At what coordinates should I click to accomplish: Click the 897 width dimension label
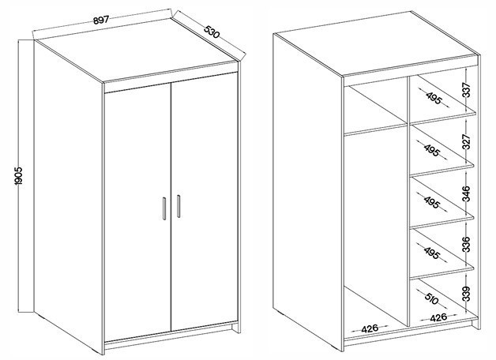(x=101, y=20)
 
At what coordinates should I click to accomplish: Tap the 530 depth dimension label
(x=212, y=32)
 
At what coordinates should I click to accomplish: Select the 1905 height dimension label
(x=19, y=176)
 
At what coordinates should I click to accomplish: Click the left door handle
(x=164, y=208)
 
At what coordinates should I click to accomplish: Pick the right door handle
(x=178, y=206)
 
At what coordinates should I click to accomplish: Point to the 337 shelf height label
(x=467, y=90)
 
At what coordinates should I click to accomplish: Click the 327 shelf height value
(x=467, y=141)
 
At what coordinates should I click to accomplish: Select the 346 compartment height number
(x=467, y=193)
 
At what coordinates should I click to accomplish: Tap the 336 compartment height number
(x=467, y=244)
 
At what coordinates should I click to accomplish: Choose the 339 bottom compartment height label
(x=467, y=294)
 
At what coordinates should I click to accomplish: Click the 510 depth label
(x=432, y=298)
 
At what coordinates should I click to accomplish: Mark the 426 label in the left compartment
(x=370, y=328)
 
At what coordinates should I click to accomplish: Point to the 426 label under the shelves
(x=438, y=317)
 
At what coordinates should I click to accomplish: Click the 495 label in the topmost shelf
(x=434, y=98)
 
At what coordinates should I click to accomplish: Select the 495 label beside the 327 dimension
(x=432, y=149)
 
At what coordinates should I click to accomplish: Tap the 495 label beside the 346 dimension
(x=432, y=202)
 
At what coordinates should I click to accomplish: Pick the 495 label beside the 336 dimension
(x=432, y=253)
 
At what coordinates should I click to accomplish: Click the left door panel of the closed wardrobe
(x=137, y=212)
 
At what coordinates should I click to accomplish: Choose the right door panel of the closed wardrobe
(x=205, y=201)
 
